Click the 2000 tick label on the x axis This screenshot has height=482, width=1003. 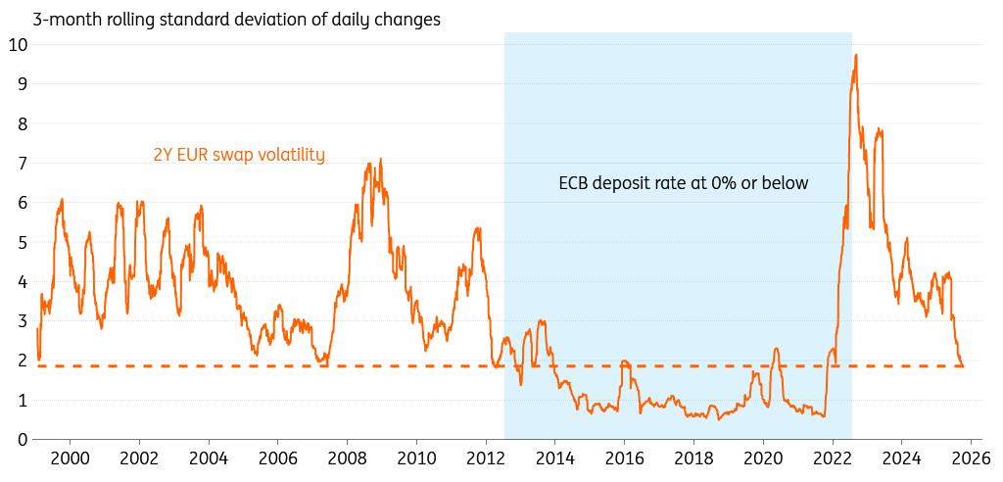[x=70, y=458]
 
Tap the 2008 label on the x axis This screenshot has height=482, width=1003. [x=347, y=458]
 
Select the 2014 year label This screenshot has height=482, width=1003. [x=554, y=458]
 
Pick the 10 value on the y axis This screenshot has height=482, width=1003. [x=18, y=44]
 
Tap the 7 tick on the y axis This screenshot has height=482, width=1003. [x=22, y=163]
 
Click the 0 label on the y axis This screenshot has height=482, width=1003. [x=22, y=440]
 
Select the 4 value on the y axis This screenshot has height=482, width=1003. [x=22, y=281]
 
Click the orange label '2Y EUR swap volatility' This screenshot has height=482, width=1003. [x=239, y=154]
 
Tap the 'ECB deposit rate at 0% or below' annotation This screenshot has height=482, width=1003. [x=684, y=182]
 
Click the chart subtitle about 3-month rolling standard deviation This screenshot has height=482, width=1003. [x=222, y=18]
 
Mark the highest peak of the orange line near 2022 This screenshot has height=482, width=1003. [x=856, y=55]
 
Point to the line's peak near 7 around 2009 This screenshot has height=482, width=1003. [x=380, y=160]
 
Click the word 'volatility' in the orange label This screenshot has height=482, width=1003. [x=293, y=154]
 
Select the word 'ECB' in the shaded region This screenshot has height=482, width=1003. [x=575, y=182]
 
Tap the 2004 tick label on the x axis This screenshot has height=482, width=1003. [x=208, y=458]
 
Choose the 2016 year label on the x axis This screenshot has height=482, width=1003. [x=624, y=458]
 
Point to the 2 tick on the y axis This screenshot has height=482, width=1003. [x=22, y=361]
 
